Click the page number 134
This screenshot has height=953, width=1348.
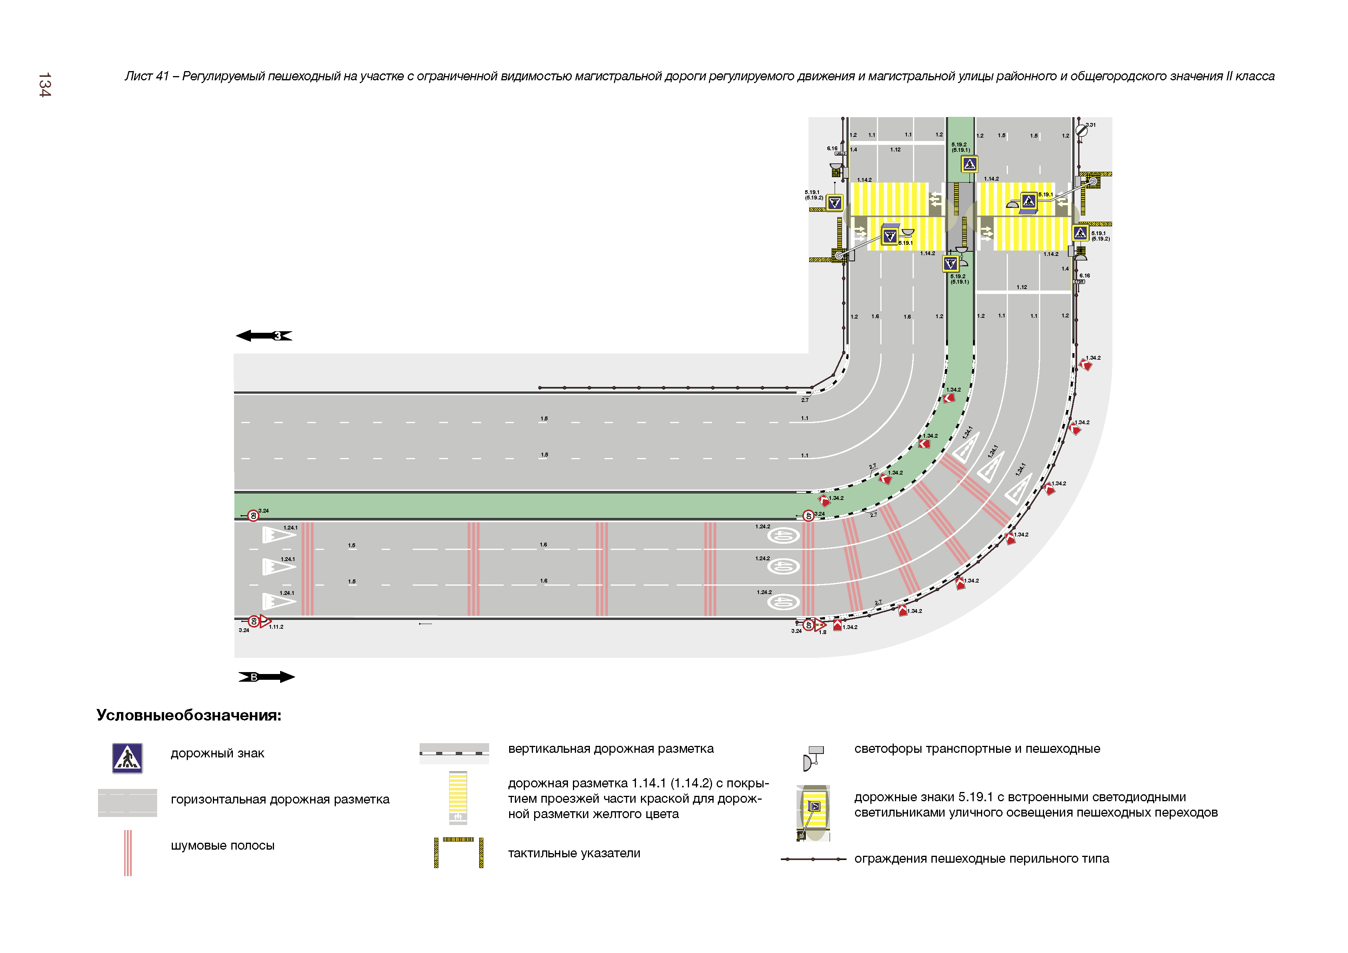coord(45,85)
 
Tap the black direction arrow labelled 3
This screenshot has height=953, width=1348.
coord(264,336)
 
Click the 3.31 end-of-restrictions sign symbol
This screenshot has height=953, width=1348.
coord(1081,130)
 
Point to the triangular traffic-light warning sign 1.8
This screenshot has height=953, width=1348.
coord(820,625)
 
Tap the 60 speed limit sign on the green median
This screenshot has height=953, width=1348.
coord(253,516)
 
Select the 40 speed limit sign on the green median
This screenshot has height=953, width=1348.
coord(808,516)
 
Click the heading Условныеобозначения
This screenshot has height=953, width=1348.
coord(189,715)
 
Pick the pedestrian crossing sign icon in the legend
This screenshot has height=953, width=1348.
coord(128,758)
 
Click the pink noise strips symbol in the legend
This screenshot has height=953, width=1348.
coord(128,853)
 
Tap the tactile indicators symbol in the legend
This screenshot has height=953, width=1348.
coord(458,852)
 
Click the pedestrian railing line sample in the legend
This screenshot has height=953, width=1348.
coord(813,859)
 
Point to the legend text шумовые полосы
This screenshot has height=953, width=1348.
coord(222,845)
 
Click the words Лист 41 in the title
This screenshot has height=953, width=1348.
coord(146,76)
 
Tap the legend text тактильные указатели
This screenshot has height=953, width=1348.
coord(574,853)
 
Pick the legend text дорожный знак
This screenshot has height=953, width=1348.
coord(217,753)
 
